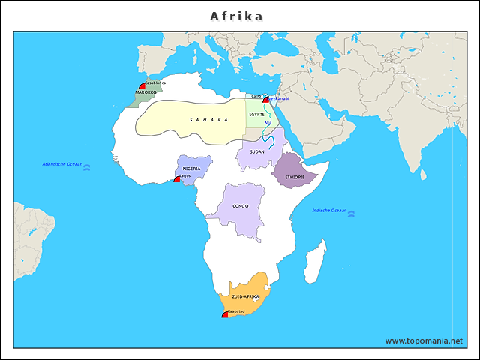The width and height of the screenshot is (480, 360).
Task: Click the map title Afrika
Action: pyautogui.click(x=236, y=16)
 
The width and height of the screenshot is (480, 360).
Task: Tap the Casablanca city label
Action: pyautogui.click(x=155, y=82)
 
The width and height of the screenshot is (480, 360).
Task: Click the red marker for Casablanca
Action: pyautogui.click(x=142, y=87)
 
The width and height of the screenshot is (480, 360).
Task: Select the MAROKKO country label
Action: pyautogui.click(x=145, y=92)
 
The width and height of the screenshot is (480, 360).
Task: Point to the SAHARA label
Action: pyautogui.click(x=208, y=119)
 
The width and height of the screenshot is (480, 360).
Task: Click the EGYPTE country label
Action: pyautogui.click(x=256, y=114)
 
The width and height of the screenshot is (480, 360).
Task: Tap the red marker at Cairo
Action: pyautogui.click(x=265, y=99)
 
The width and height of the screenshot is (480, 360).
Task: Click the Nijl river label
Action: pyautogui.click(x=268, y=124)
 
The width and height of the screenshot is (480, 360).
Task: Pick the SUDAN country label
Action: pyautogui.click(x=257, y=151)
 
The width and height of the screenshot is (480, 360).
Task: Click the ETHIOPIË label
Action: pyautogui.click(x=295, y=177)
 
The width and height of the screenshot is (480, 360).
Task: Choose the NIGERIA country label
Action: pyautogui.click(x=191, y=169)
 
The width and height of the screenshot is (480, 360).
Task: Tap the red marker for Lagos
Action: pyautogui.click(x=177, y=179)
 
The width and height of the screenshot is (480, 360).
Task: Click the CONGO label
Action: pyautogui.click(x=240, y=205)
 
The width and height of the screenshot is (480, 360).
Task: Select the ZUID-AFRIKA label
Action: pyautogui.click(x=247, y=297)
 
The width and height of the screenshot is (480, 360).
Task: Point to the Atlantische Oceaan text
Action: pyautogui.click(x=62, y=164)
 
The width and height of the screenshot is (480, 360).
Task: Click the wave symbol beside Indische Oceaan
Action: pyautogui.click(x=352, y=214)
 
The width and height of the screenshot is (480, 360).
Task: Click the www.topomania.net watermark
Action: pyautogui.click(x=424, y=340)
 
